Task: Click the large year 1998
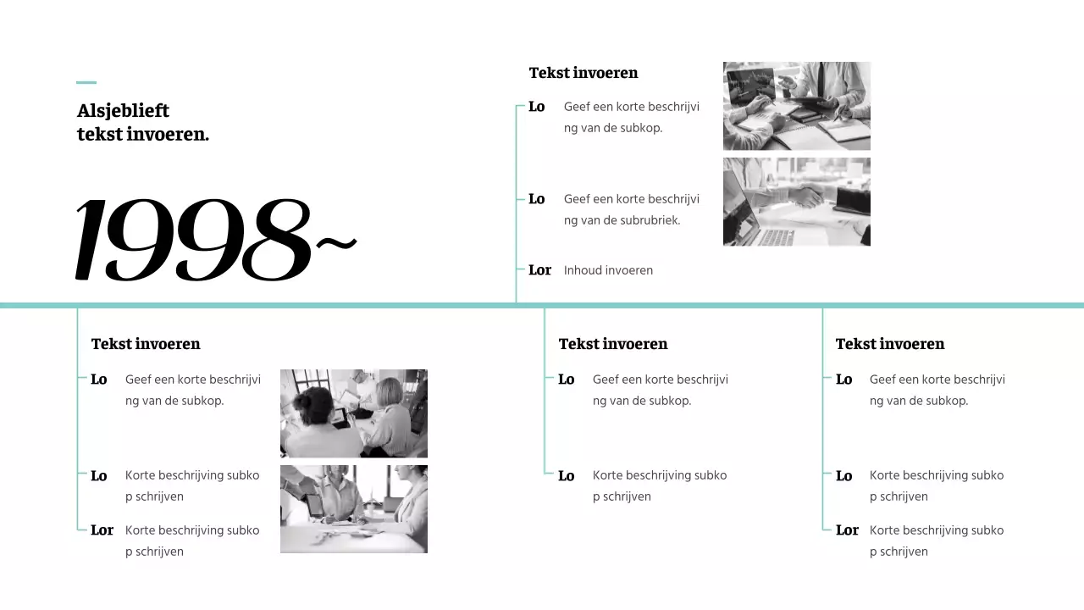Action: [x=193, y=240]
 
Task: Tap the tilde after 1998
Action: [x=336, y=243]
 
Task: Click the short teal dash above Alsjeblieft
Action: [x=86, y=83]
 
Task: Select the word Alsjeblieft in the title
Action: [x=123, y=111]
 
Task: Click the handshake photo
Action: [x=797, y=202]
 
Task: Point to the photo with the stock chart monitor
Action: [x=797, y=106]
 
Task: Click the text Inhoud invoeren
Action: [x=608, y=270]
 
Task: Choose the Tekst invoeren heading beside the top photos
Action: [x=583, y=73]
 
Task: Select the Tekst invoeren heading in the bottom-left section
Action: [x=146, y=344]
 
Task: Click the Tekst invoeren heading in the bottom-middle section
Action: [x=613, y=344]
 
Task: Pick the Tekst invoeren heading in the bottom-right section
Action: [x=890, y=344]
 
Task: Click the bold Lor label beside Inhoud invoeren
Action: [x=539, y=269]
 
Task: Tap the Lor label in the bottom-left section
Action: [x=102, y=530]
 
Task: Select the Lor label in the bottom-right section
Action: [x=848, y=530]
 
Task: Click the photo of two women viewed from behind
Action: [x=354, y=413]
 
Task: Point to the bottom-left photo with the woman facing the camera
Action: [x=354, y=509]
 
